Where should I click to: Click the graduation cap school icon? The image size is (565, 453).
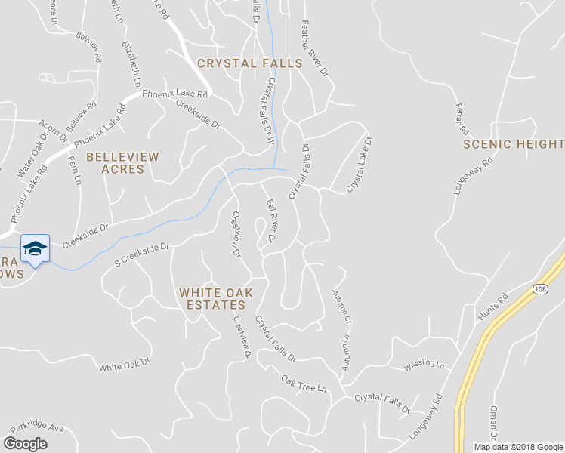coord(35,248)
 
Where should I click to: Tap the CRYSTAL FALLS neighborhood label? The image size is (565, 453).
coord(250,63)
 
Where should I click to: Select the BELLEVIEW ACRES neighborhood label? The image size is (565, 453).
coord(122,163)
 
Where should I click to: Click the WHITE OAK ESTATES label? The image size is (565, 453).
coord(212,299)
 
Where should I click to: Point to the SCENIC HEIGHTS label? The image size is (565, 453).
coord(513,143)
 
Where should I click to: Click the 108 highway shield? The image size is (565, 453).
coord(539,289)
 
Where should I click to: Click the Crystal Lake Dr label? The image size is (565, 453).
coord(360,164)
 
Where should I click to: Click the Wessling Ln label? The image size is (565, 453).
coord(425,365)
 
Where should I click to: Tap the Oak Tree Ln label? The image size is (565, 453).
coord(303,384)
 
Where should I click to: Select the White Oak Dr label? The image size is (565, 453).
coord(125,367)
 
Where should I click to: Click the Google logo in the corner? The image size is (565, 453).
coord(25,444)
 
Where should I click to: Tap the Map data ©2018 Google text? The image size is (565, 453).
coord(517,447)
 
